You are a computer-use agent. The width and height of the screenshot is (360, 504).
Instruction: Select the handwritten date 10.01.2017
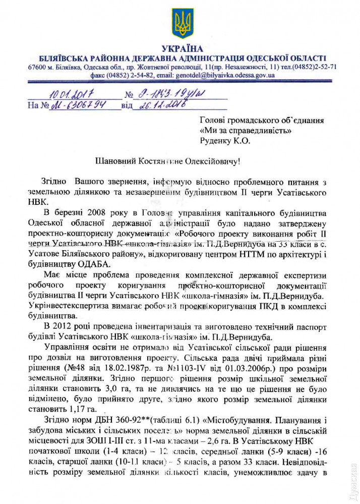(x=72, y=93)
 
